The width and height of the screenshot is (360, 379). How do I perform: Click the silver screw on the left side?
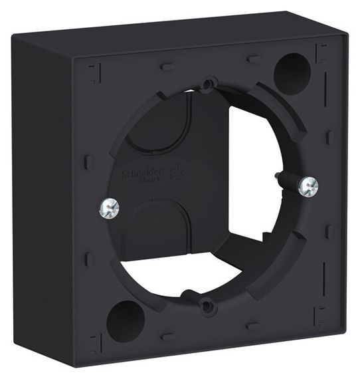[x=108, y=210]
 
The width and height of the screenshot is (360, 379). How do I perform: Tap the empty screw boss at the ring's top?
[x=208, y=84]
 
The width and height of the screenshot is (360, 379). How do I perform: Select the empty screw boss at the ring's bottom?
[x=208, y=306]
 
